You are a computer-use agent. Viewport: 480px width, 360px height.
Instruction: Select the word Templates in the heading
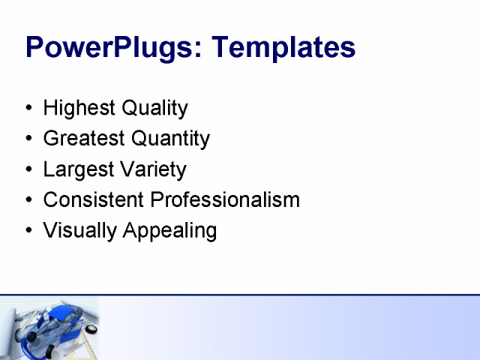pos(283,47)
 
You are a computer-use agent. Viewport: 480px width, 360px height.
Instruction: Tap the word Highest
pos(76,109)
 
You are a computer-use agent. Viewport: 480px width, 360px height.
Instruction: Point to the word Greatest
pos(84,139)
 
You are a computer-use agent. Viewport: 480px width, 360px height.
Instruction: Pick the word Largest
pos(76,169)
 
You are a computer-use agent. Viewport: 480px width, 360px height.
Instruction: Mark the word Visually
pos(77,230)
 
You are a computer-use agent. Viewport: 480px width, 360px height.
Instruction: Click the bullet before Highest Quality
pos(28,109)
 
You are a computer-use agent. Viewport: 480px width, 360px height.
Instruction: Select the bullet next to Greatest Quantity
pos(28,139)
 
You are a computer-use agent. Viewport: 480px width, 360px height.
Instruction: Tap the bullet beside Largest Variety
pos(28,170)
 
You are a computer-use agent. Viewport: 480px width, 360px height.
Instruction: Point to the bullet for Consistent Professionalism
pos(28,201)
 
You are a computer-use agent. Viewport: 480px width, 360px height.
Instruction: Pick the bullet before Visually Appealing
pos(28,231)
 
